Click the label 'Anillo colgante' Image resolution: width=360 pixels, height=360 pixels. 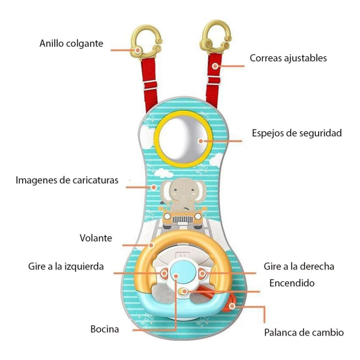point(71,44)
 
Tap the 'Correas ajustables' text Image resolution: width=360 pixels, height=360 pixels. point(288,58)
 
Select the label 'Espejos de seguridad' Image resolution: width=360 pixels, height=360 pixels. point(297,133)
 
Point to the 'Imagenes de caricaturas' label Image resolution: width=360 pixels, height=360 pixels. point(67,181)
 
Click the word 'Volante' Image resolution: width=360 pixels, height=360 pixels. point(96,238)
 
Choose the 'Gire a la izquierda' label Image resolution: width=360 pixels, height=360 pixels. point(66,266)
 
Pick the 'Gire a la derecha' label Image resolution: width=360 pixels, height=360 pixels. point(299,266)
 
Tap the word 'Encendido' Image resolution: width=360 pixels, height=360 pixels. point(292,283)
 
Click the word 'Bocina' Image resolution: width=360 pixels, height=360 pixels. point(104,329)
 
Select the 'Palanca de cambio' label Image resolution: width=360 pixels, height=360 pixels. point(304,332)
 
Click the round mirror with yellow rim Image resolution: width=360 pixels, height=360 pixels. point(183,139)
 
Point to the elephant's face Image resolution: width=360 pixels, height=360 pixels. point(183,190)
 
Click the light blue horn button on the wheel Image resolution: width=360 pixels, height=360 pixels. point(183,271)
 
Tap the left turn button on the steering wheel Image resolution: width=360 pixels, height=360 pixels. point(164,274)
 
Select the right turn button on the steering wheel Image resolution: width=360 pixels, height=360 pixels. point(202,274)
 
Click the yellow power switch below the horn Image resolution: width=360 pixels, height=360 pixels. point(183,292)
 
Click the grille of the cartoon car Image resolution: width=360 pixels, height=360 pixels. point(183,220)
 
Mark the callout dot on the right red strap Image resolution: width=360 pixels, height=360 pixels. point(215,66)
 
